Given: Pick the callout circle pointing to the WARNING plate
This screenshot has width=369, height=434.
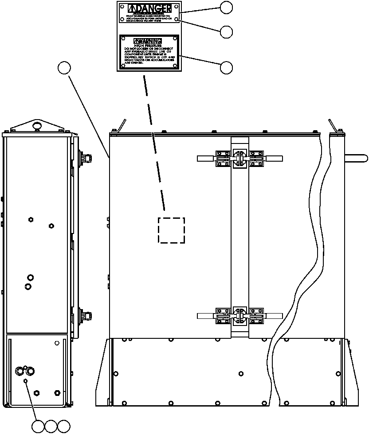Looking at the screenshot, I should click(227, 67).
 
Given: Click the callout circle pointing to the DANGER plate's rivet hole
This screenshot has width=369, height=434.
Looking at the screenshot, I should click(227, 31).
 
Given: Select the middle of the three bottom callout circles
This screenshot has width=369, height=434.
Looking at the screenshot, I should click(51, 426).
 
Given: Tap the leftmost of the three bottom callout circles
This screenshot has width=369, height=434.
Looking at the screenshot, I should click(39, 426).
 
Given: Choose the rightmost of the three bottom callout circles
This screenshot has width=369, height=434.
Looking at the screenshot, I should click(64, 426).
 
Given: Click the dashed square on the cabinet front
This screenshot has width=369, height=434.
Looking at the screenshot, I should click(172, 230).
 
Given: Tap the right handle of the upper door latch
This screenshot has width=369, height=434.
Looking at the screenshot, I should click(273, 158).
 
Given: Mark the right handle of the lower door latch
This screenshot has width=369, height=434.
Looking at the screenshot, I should click(273, 315).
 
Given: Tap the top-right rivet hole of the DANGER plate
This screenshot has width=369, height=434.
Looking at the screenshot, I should click(177, 6).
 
